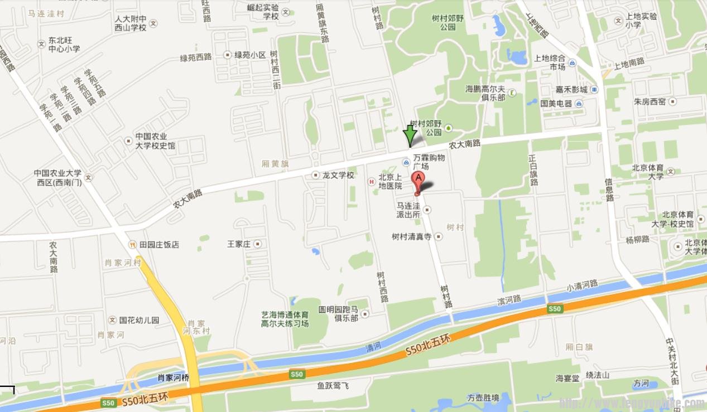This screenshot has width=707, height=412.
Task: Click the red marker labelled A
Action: [x=417, y=181]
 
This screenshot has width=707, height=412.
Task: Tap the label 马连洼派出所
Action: [x=408, y=210]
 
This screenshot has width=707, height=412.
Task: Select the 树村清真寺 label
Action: [x=412, y=236]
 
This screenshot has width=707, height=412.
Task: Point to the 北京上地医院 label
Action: [x=391, y=182]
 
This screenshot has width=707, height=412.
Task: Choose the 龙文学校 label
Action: [x=338, y=175]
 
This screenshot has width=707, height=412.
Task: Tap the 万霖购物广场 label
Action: [x=429, y=162]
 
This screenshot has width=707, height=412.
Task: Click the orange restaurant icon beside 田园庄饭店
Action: [x=132, y=244]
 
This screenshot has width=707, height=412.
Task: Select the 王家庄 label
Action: [x=239, y=244]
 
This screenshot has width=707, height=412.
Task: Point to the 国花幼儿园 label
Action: [x=139, y=321]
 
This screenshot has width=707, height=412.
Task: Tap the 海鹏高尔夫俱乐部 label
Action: [x=485, y=93]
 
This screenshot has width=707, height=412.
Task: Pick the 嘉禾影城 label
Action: [x=571, y=89]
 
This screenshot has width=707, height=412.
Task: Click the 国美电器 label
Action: [x=556, y=103]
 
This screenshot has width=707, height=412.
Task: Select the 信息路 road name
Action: [x=609, y=190]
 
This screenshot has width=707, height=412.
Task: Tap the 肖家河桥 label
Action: [x=174, y=377]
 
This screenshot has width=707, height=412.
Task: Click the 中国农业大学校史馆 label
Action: [x=155, y=141]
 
